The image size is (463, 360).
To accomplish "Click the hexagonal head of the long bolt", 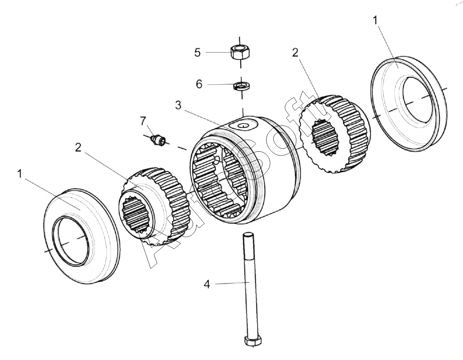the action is coord(253,341).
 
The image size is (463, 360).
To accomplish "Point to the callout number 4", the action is coord(207,284).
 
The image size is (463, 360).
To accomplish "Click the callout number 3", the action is coord(178,105).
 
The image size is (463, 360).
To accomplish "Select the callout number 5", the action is coord(198,52).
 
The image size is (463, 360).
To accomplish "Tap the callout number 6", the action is coord(199,84).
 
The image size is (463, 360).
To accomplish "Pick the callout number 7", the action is coord(143,121).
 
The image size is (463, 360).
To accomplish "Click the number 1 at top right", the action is coord(376,21).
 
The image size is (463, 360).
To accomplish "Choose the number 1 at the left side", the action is coord(20,174).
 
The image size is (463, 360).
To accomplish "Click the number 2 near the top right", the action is coord(295,52).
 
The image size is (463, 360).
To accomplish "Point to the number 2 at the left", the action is coord(78,147).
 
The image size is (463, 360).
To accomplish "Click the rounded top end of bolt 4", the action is coord(248,235).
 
